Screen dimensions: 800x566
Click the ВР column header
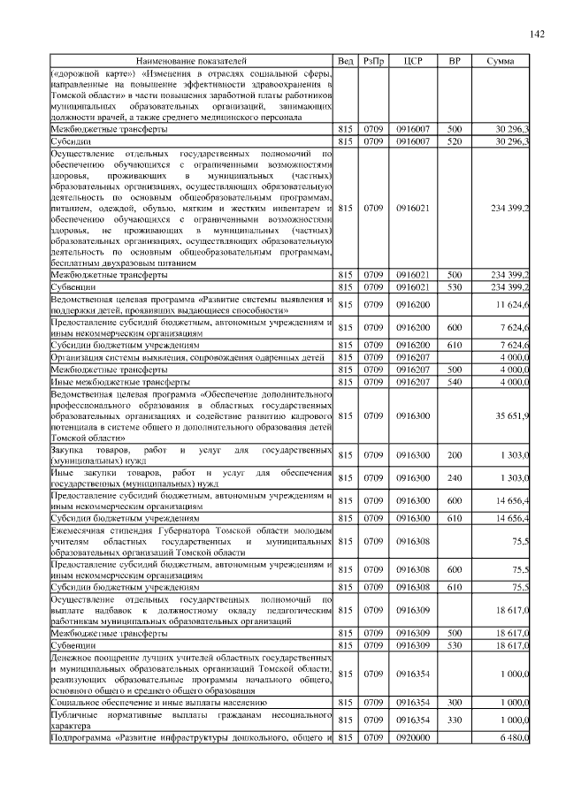455,60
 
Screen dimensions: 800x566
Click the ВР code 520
455,141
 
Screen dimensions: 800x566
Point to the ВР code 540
455,381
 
